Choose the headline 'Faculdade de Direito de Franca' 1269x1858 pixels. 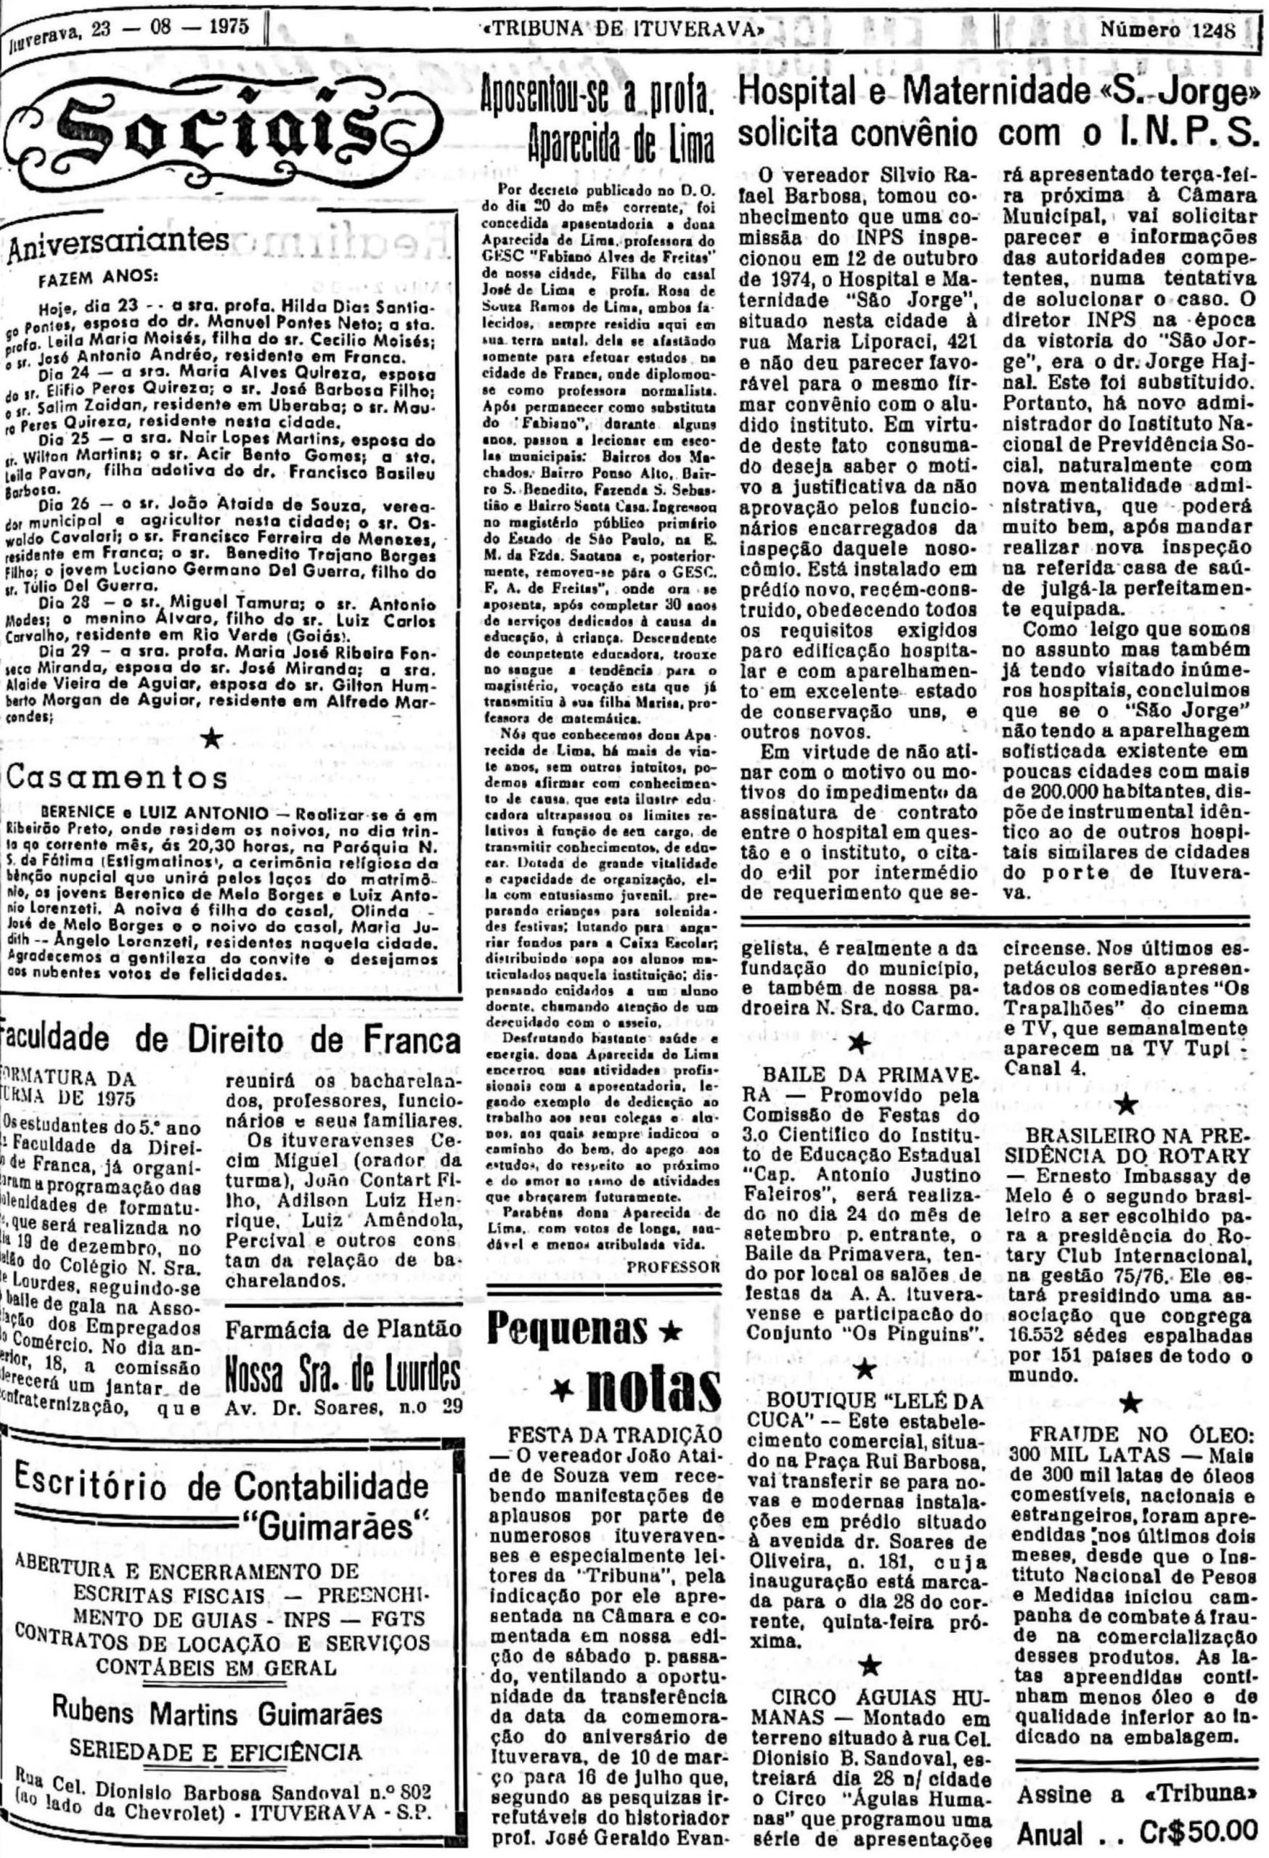tap(232, 1039)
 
